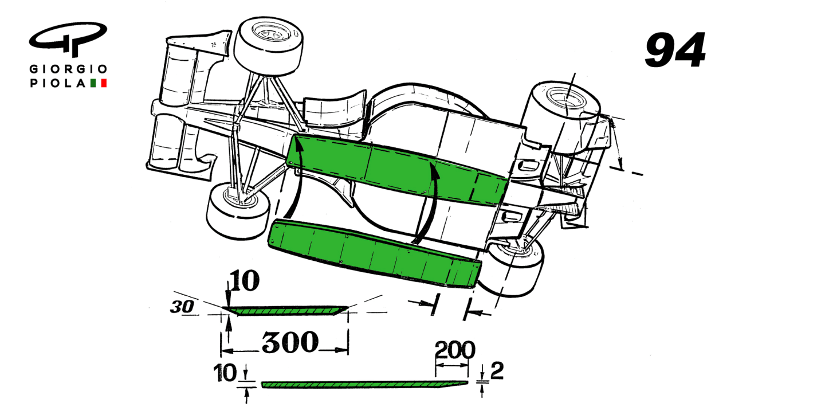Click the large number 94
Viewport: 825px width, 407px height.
(x=675, y=50)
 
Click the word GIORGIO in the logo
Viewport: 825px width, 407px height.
(x=68, y=69)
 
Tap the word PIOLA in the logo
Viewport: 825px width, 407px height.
(x=58, y=84)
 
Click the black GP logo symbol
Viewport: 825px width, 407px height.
(x=68, y=40)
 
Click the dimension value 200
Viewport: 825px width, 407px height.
(x=454, y=349)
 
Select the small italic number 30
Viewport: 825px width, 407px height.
(x=181, y=307)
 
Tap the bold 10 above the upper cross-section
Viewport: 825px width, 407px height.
(x=244, y=281)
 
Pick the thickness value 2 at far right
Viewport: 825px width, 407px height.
(x=497, y=372)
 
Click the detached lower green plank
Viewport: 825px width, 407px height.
(x=372, y=252)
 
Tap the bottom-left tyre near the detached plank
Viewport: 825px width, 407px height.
(x=236, y=212)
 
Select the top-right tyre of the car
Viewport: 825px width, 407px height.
(x=564, y=115)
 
